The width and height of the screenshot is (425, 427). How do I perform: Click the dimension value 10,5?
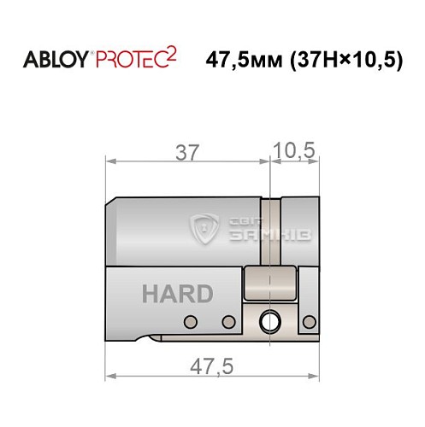pos(294,152)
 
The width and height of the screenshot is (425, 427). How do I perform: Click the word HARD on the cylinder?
pos(177,295)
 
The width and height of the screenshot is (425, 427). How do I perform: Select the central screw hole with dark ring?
pos(271,322)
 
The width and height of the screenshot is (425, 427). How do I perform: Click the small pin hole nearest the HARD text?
pos(190,322)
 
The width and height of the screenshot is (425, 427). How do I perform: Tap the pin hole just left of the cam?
pos(228,322)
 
